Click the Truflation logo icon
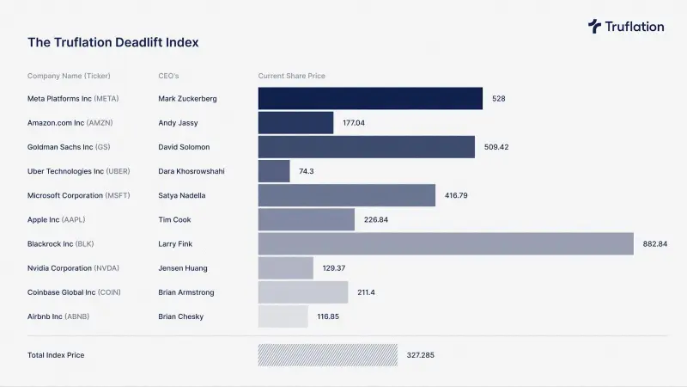pyautogui.click(x=594, y=26)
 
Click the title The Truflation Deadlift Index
pyautogui.click(x=113, y=41)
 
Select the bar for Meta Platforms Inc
pyautogui.click(x=370, y=98)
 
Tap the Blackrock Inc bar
pyautogui.click(x=446, y=243)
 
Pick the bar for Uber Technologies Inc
pyautogui.click(x=274, y=171)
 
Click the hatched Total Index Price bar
pyautogui.click(x=327, y=354)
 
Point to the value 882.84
pyautogui.click(x=655, y=244)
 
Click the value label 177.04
pyautogui.click(x=354, y=123)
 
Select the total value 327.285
pyautogui.click(x=422, y=354)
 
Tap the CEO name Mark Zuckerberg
pyautogui.click(x=187, y=99)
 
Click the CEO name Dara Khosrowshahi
pyautogui.click(x=192, y=171)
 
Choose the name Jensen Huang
pyautogui.click(x=183, y=268)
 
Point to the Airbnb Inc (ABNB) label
pyautogui.click(x=58, y=316)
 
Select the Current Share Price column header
pyautogui.click(x=292, y=76)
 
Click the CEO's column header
pyautogui.click(x=169, y=76)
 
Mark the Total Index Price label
pyautogui.click(x=56, y=354)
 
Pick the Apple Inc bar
pyautogui.click(x=307, y=219)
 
